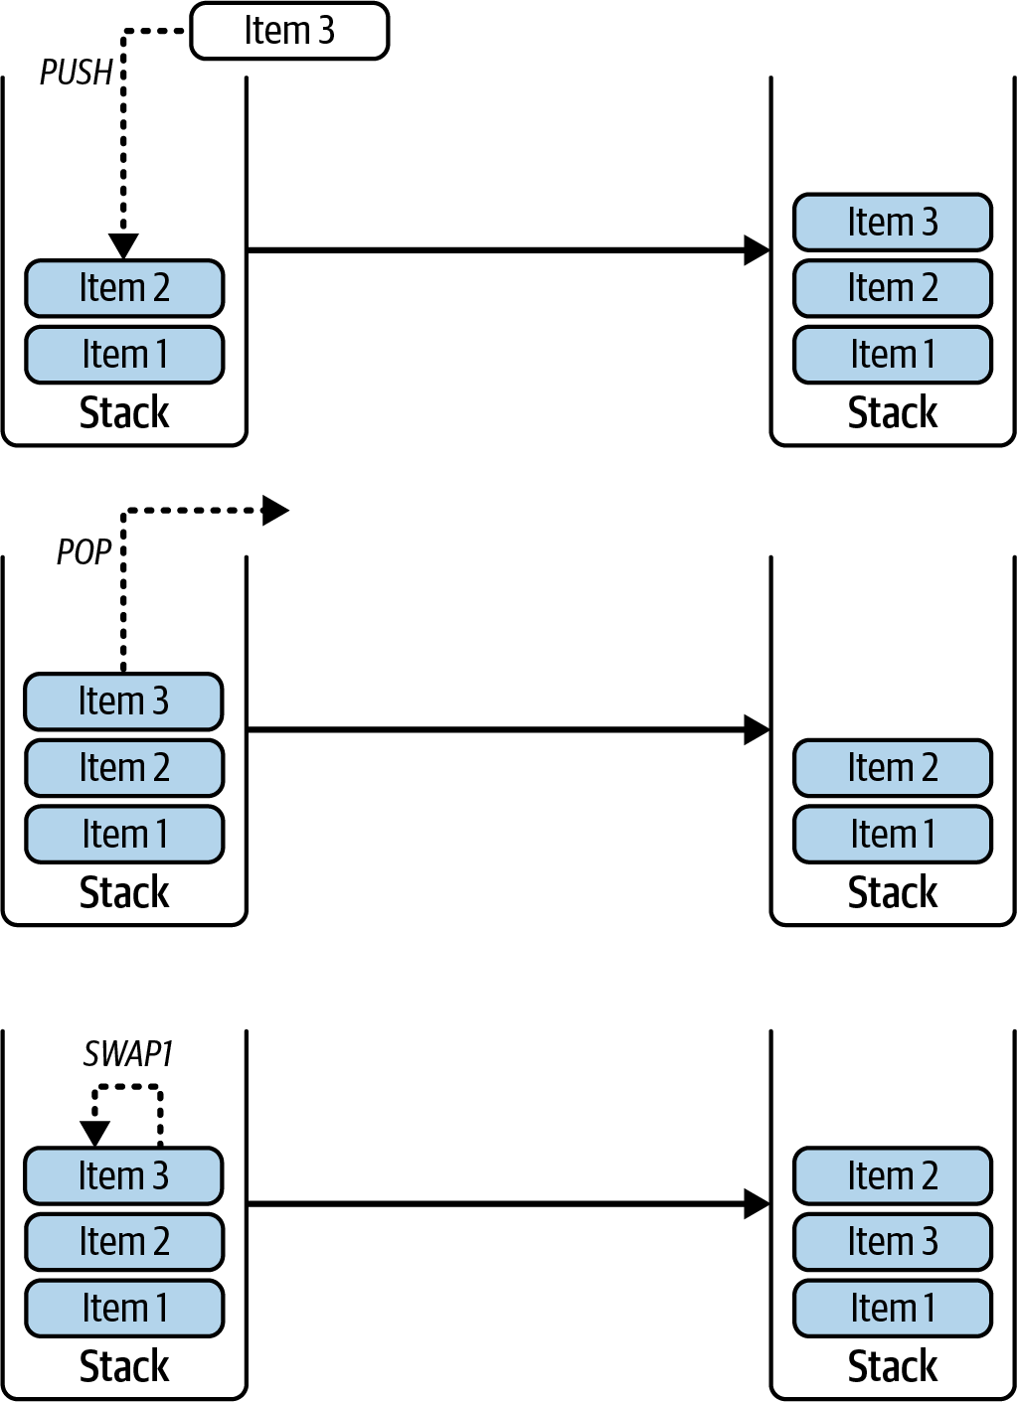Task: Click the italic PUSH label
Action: (x=76, y=73)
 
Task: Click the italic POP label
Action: (x=84, y=552)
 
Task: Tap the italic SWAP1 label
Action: (x=128, y=1053)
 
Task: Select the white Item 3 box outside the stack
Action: (x=289, y=31)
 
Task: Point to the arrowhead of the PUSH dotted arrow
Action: (x=123, y=245)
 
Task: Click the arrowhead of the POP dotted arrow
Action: (x=274, y=511)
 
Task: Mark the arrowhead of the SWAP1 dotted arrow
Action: (x=94, y=1133)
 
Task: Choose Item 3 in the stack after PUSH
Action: (x=892, y=222)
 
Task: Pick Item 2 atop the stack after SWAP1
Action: (x=892, y=1175)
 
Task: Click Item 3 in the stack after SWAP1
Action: (x=892, y=1241)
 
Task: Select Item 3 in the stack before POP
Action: (x=123, y=701)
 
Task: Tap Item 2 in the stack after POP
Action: (x=892, y=767)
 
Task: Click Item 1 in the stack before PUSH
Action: (x=123, y=355)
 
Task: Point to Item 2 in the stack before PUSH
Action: (x=123, y=288)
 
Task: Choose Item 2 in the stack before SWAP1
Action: (x=123, y=1241)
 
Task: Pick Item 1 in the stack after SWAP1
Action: (x=892, y=1308)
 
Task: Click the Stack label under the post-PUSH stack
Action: (x=892, y=412)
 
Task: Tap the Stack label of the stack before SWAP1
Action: (x=123, y=1366)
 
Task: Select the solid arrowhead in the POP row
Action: (x=757, y=729)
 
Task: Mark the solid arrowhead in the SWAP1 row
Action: (x=757, y=1204)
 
